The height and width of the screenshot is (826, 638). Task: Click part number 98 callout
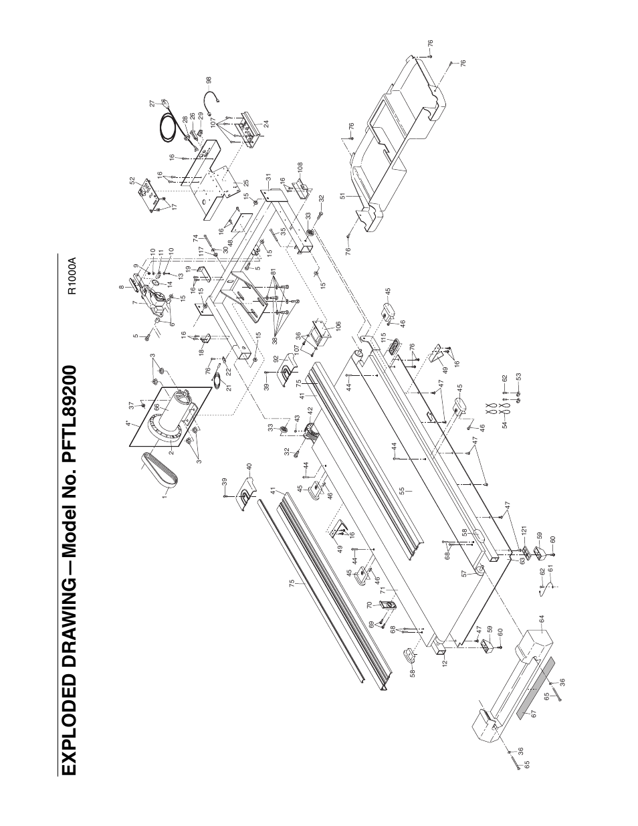click(209, 80)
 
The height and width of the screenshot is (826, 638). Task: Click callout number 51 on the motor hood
click(343, 196)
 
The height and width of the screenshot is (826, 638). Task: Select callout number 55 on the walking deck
click(402, 490)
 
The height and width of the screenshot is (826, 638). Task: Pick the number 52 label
click(132, 181)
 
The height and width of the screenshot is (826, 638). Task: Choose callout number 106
click(338, 326)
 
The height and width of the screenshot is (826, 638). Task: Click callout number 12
click(443, 663)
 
